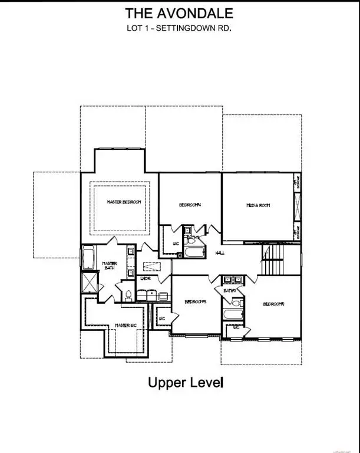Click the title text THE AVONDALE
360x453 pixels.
click(179, 13)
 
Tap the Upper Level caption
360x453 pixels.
click(185, 383)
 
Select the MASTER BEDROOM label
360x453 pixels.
click(124, 202)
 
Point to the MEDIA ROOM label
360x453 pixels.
click(257, 205)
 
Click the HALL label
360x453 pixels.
click(220, 252)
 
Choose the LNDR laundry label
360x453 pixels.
click(146, 278)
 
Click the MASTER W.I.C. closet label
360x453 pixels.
click(125, 325)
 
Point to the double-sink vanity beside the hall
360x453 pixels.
click(230, 280)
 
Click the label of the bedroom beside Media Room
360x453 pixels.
click(190, 205)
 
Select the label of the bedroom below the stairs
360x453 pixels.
click(273, 304)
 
